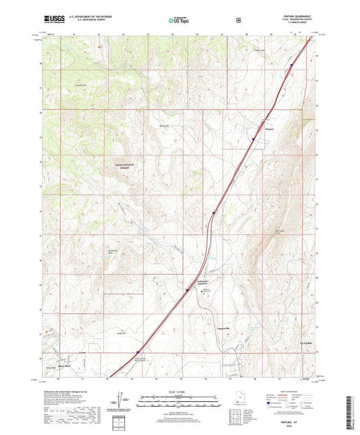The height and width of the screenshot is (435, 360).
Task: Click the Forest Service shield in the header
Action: (238, 20)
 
